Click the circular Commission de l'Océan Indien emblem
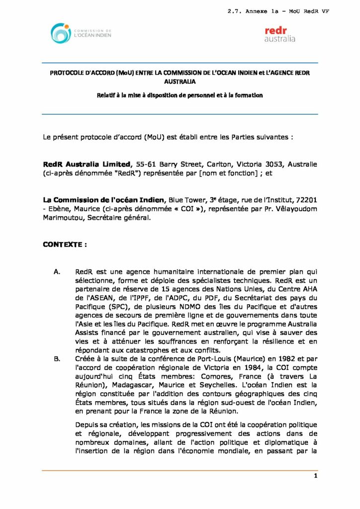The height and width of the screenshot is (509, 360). coord(61,33)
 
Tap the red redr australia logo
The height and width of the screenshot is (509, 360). coord(279,34)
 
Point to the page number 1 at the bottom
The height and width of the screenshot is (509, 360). coord(315,476)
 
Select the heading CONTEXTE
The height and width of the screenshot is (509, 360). coord(65,245)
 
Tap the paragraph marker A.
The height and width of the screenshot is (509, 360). coord(57,271)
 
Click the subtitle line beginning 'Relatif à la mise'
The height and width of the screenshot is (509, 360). coord(180,95)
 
